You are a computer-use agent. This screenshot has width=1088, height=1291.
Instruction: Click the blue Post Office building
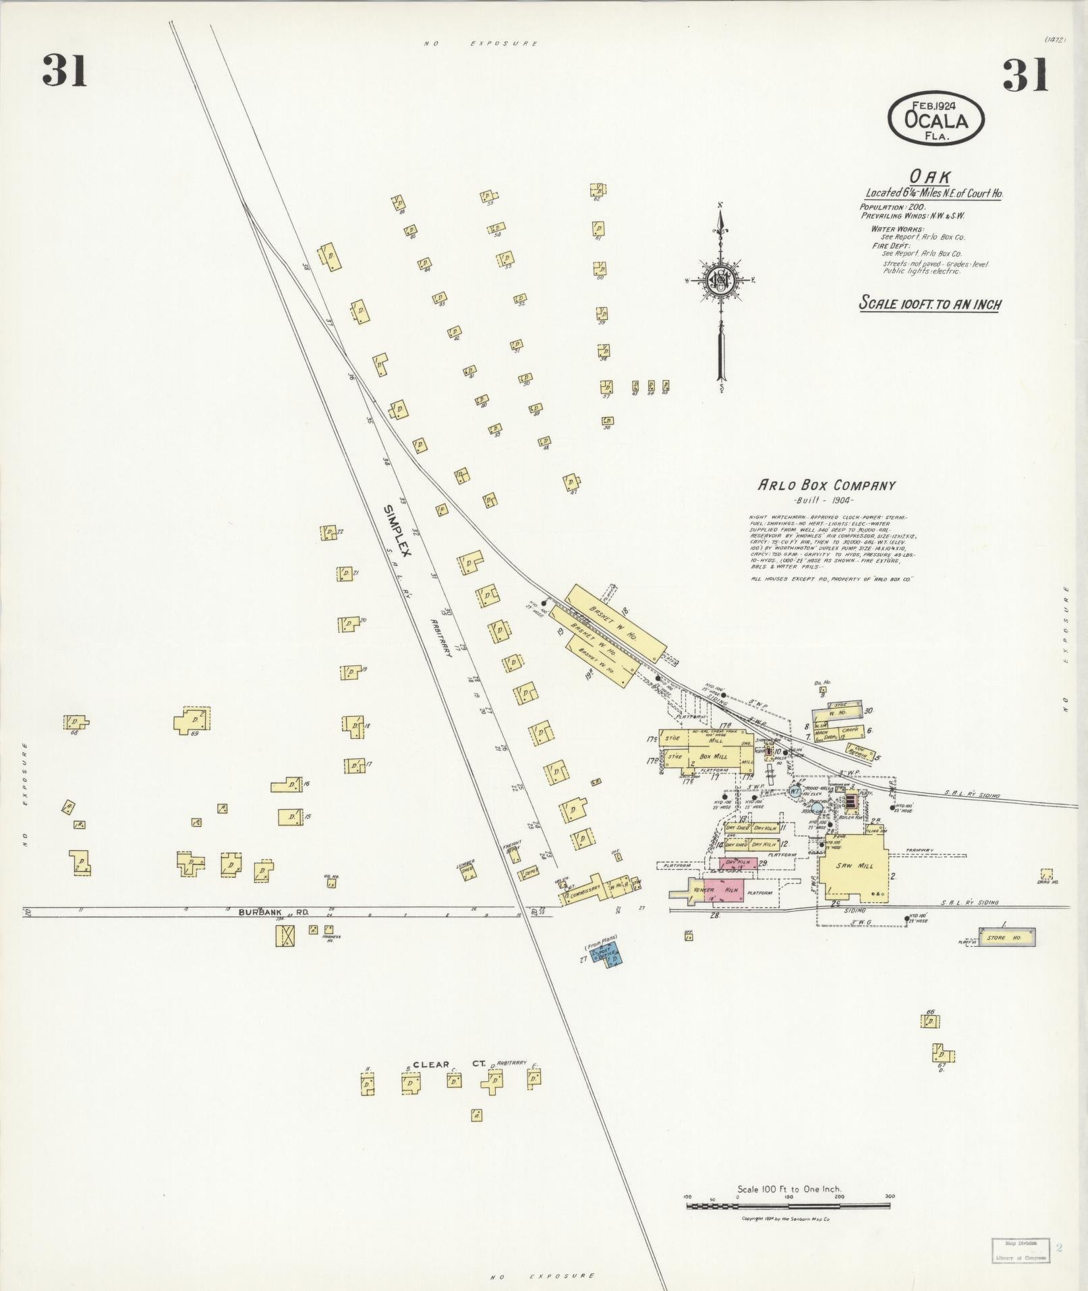click(x=607, y=955)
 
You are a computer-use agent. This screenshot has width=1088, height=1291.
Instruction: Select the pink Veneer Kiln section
click(x=724, y=889)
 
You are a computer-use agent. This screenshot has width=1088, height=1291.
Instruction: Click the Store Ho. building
click(x=1006, y=937)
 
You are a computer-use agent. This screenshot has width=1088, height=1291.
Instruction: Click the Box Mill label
click(x=714, y=757)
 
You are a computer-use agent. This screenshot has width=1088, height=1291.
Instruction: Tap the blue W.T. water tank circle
click(x=795, y=791)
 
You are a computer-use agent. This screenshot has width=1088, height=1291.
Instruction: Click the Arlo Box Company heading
click(x=827, y=485)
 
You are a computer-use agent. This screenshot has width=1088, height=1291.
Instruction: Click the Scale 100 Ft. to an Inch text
click(x=929, y=304)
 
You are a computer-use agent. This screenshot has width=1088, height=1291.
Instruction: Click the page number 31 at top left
click(x=64, y=71)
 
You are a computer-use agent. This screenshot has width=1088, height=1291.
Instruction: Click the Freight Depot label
click(x=511, y=848)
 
